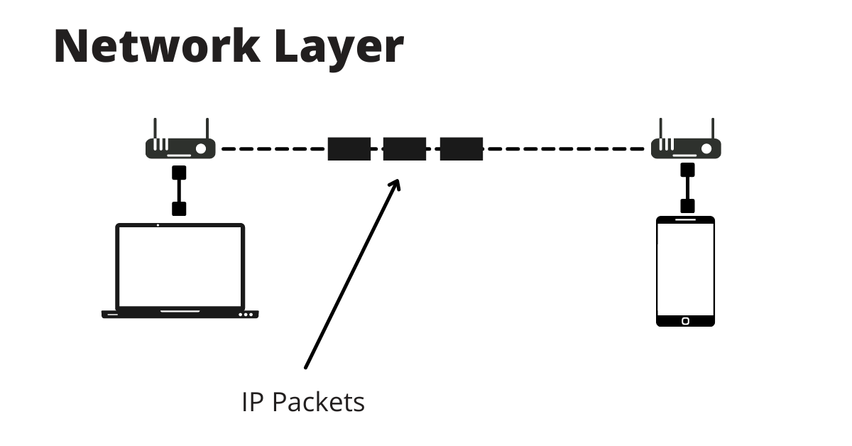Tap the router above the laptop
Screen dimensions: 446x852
pyautogui.click(x=180, y=148)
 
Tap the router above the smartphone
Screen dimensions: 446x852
pyautogui.click(x=687, y=148)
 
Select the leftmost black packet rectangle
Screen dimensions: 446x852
pyautogui.click(x=349, y=149)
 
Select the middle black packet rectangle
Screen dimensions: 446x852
pyautogui.click(x=405, y=149)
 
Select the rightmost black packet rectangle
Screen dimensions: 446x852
pyautogui.click(x=461, y=149)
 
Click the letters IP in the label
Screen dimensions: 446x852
pyautogui.click(x=253, y=403)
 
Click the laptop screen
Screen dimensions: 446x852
pyautogui.click(x=180, y=266)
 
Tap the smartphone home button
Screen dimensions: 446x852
pyautogui.click(x=685, y=321)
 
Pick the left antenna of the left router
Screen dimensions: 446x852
pyautogui.click(x=155, y=129)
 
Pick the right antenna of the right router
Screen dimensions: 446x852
pyautogui.click(x=713, y=129)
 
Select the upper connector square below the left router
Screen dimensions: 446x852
pyautogui.click(x=180, y=172)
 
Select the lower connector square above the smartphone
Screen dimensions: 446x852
pyautogui.click(x=687, y=206)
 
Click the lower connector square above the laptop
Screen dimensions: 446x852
pyautogui.click(x=180, y=208)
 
